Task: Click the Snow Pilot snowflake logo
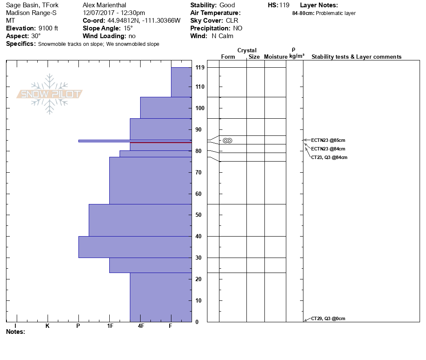(x=50, y=94)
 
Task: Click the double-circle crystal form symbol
(x=228, y=140)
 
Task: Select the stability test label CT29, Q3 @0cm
(x=328, y=318)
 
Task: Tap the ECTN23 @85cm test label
(x=328, y=140)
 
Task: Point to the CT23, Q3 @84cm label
(x=329, y=157)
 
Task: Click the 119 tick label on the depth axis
(x=200, y=68)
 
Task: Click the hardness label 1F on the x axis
(x=110, y=326)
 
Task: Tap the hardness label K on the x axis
(x=48, y=326)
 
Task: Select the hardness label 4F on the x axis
(x=141, y=326)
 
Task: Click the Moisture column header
(x=276, y=57)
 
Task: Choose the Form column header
(x=228, y=57)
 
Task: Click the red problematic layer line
(x=161, y=142)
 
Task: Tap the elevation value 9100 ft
(x=48, y=28)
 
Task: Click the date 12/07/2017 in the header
(x=99, y=13)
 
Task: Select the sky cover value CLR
(x=232, y=21)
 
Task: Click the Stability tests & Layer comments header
(x=357, y=57)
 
